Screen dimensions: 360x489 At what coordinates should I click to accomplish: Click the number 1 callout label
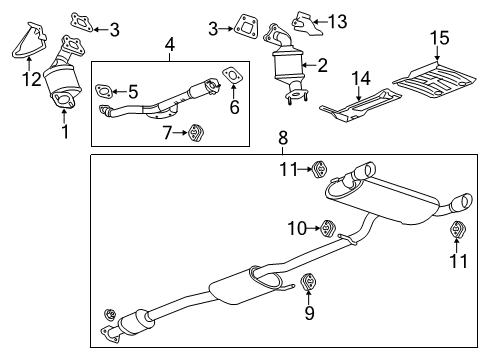(x=65, y=130)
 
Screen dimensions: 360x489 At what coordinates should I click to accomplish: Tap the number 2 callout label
(x=321, y=65)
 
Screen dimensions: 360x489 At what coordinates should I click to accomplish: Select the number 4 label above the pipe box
(x=170, y=45)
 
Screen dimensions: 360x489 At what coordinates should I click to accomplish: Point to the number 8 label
(x=283, y=137)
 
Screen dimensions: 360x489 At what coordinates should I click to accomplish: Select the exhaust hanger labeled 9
(x=308, y=283)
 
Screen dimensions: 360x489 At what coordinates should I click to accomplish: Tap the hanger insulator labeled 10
(x=327, y=229)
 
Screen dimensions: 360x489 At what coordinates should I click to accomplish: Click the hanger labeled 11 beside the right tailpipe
(x=457, y=232)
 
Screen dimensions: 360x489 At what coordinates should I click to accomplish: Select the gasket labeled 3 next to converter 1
(x=79, y=20)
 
